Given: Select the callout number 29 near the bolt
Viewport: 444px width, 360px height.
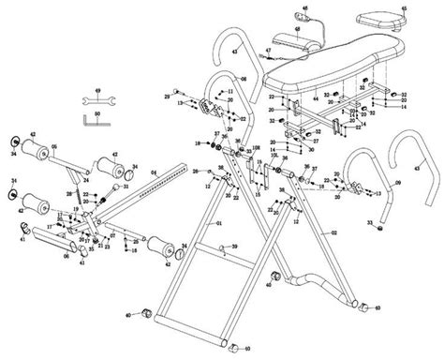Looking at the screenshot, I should (x=169, y=97).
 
